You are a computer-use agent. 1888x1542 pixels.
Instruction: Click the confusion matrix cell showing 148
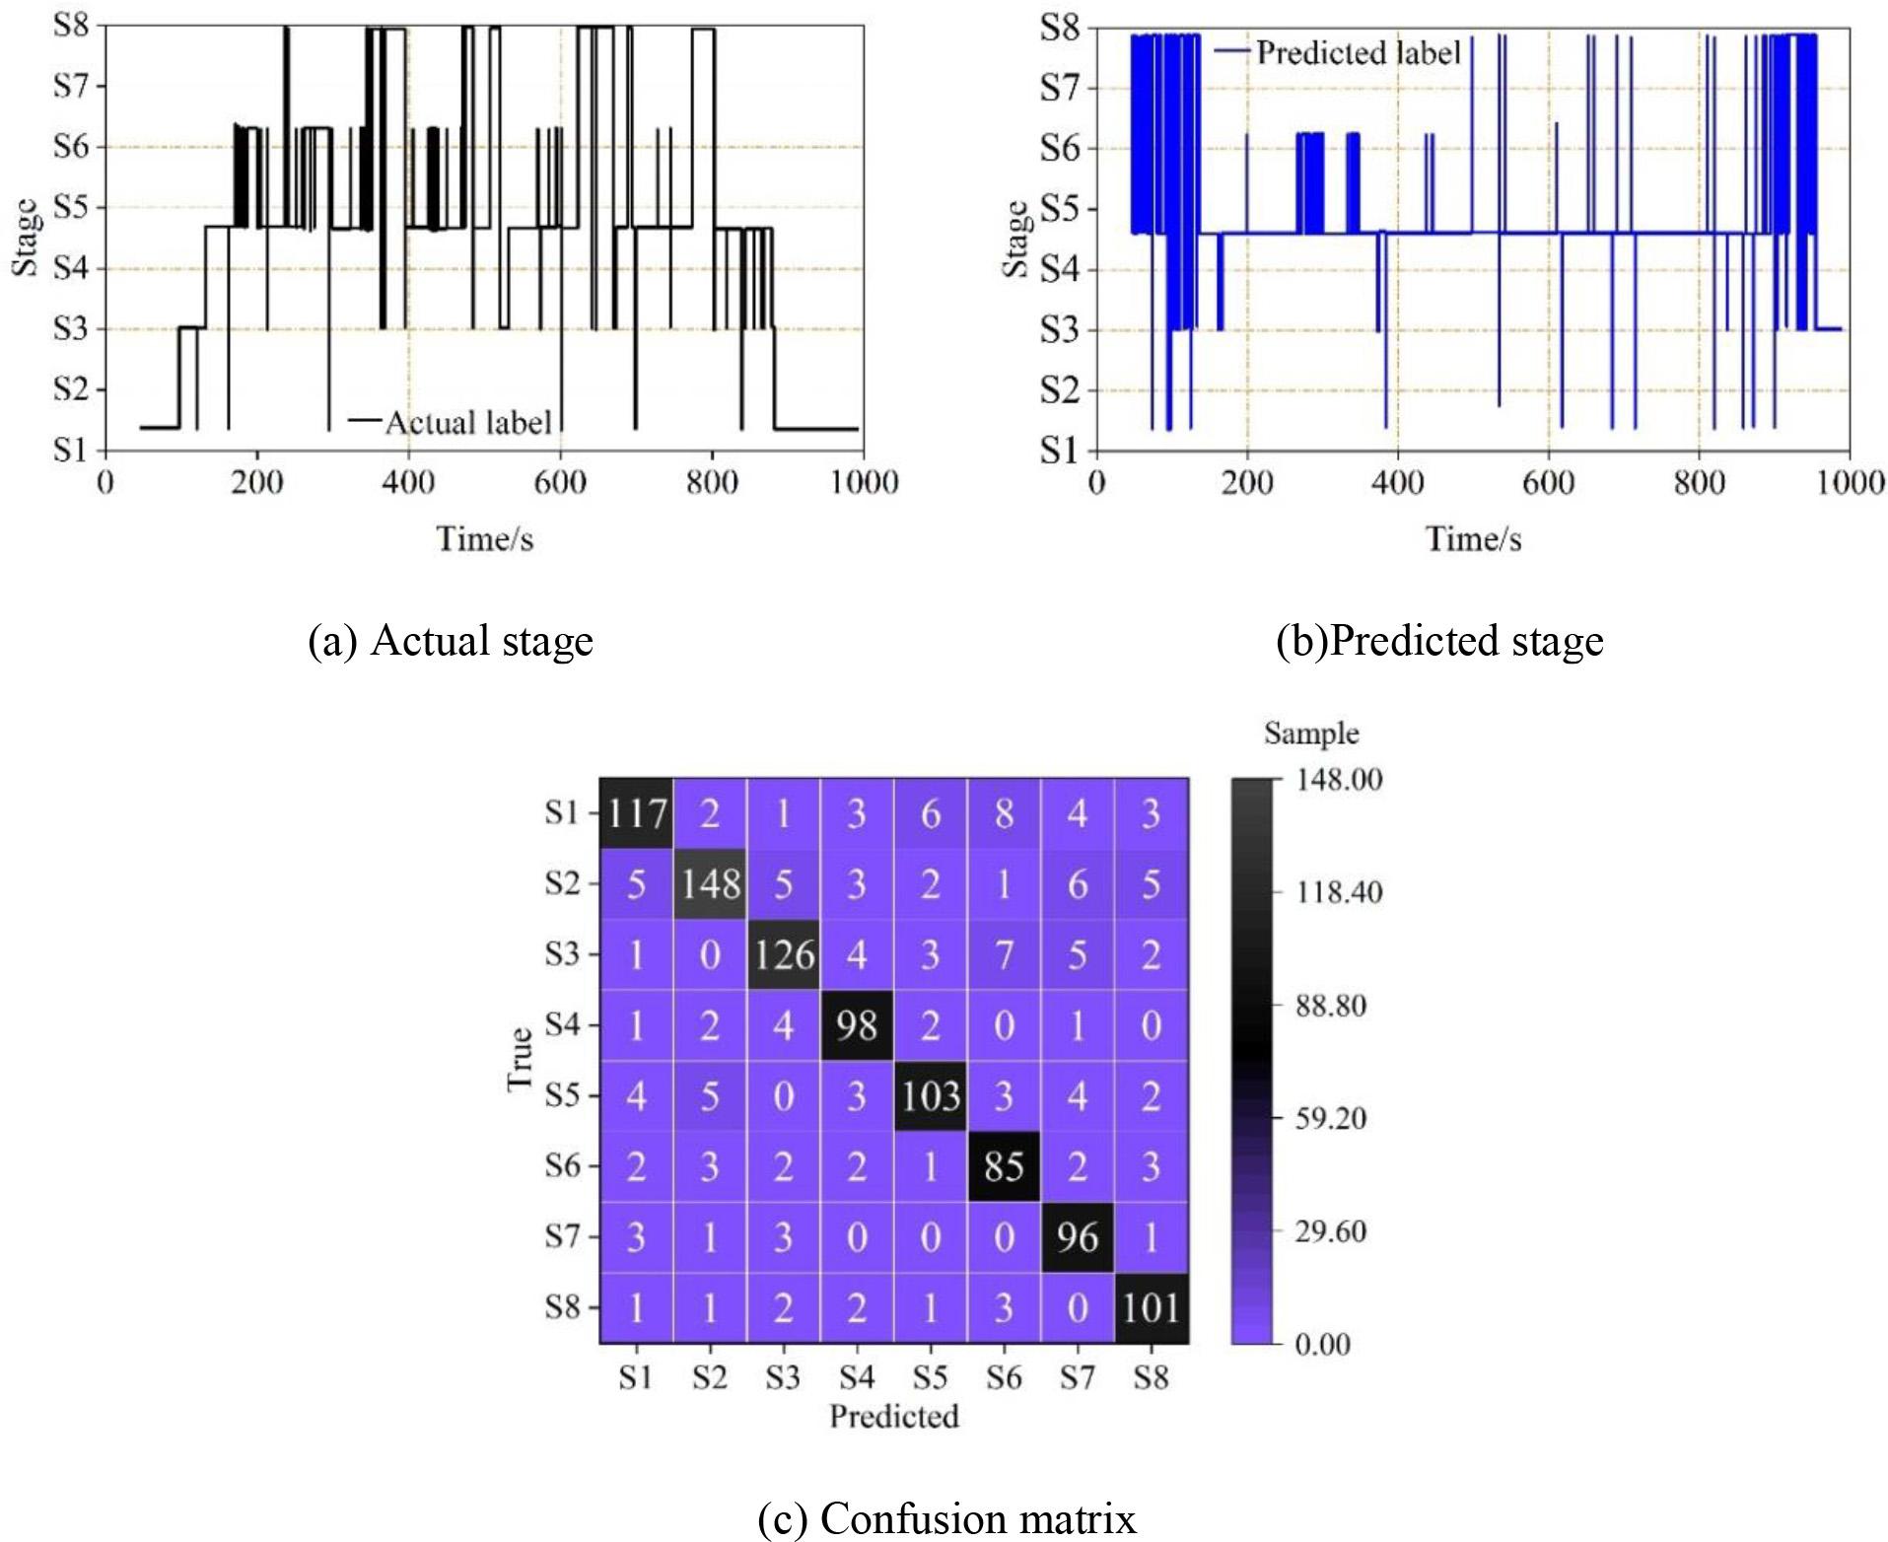point(710,884)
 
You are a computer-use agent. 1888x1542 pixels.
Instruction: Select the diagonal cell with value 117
point(637,814)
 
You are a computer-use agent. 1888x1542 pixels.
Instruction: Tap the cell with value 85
point(1004,1166)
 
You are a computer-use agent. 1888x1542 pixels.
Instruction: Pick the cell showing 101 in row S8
point(1151,1308)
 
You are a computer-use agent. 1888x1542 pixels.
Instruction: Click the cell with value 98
point(856,1025)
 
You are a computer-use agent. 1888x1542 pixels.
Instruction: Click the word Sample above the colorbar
point(1311,734)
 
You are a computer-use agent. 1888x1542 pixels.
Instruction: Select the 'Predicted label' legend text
point(1358,53)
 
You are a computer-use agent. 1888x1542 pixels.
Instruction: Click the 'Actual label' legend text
point(467,423)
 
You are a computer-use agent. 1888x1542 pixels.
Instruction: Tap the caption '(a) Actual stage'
point(451,641)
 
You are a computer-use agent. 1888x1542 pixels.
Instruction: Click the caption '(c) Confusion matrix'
point(946,1518)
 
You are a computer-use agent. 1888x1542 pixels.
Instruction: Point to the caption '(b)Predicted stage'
point(1439,641)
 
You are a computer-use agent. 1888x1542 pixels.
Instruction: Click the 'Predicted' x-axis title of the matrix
point(893,1417)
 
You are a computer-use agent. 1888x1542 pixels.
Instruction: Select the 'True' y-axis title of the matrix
point(520,1060)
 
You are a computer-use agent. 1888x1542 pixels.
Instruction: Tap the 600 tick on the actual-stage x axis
point(560,483)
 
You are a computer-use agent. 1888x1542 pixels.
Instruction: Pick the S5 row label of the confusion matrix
point(563,1095)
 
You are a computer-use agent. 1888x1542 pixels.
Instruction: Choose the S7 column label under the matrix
point(1077,1377)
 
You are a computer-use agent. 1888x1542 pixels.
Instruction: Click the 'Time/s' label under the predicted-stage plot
point(1473,539)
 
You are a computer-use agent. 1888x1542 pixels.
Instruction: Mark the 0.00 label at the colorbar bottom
point(1322,1344)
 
